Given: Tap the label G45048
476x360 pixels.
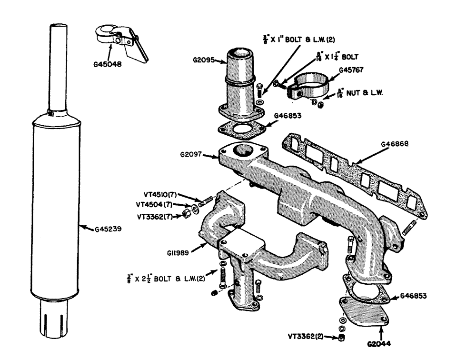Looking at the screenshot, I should point(106,61).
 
